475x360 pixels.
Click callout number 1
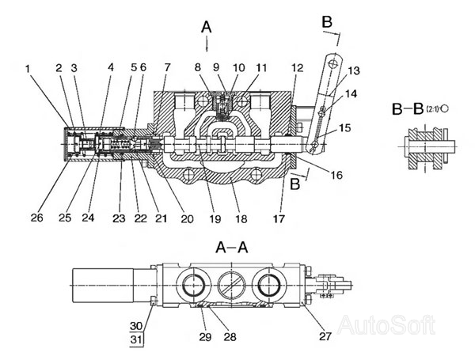(x=28, y=69)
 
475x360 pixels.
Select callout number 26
(x=36, y=218)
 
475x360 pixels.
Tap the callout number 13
(x=354, y=70)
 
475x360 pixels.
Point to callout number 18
(x=241, y=219)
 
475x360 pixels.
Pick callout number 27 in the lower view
(x=325, y=335)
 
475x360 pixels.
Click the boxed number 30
(x=136, y=326)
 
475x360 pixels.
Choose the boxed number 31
(x=136, y=339)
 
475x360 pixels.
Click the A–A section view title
(x=232, y=248)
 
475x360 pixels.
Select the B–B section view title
(x=408, y=109)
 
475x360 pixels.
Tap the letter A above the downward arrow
(x=207, y=27)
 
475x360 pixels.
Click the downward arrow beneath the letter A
(x=207, y=44)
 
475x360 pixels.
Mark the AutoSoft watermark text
(x=386, y=325)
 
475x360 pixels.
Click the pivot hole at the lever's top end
(x=334, y=64)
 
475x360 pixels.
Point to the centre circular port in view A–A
(x=231, y=285)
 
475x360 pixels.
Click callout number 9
(x=216, y=67)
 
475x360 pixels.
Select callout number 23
(x=119, y=218)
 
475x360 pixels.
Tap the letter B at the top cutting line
(x=327, y=22)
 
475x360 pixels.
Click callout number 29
(x=205, y=336)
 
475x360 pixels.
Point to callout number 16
(x=336, y=175)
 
